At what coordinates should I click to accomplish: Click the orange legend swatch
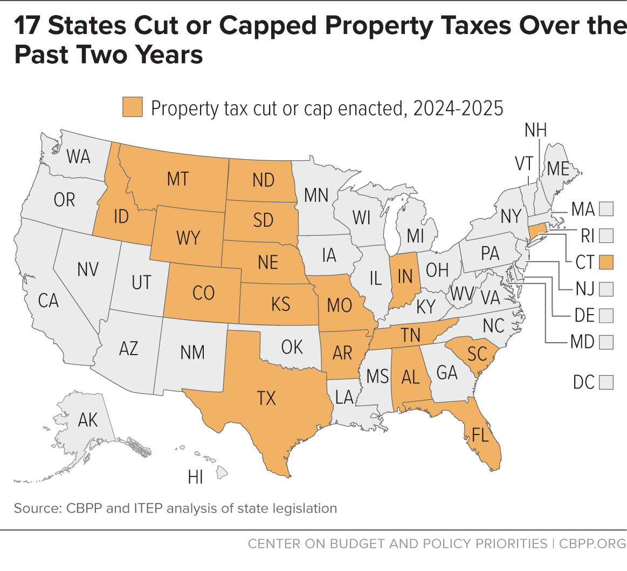(133, 107)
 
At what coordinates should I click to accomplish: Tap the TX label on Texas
(266, 398)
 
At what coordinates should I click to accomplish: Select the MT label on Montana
(178, 179)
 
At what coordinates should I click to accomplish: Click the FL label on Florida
(480, 435)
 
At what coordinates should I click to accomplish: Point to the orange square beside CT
(606, 262)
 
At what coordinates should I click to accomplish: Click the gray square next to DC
(606, 382)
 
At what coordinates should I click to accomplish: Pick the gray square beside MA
(606, 209)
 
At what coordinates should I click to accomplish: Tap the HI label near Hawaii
(196, 477)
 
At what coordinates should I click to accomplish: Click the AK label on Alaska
(88, 420)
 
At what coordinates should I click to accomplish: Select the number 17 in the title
(27, 25)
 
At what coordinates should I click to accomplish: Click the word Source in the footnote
(38, 508)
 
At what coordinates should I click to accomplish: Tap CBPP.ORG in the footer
(592, 544)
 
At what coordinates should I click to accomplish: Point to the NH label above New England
(535, 130)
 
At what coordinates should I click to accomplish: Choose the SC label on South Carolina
(477, 354)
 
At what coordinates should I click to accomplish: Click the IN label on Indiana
(405, 276)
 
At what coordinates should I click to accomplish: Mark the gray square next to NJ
(606, 289)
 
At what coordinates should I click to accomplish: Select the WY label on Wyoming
(188, 238)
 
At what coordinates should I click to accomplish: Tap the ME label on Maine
(558, 168)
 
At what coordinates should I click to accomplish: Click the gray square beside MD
(606, 342)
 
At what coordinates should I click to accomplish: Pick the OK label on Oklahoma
(292, 347)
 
